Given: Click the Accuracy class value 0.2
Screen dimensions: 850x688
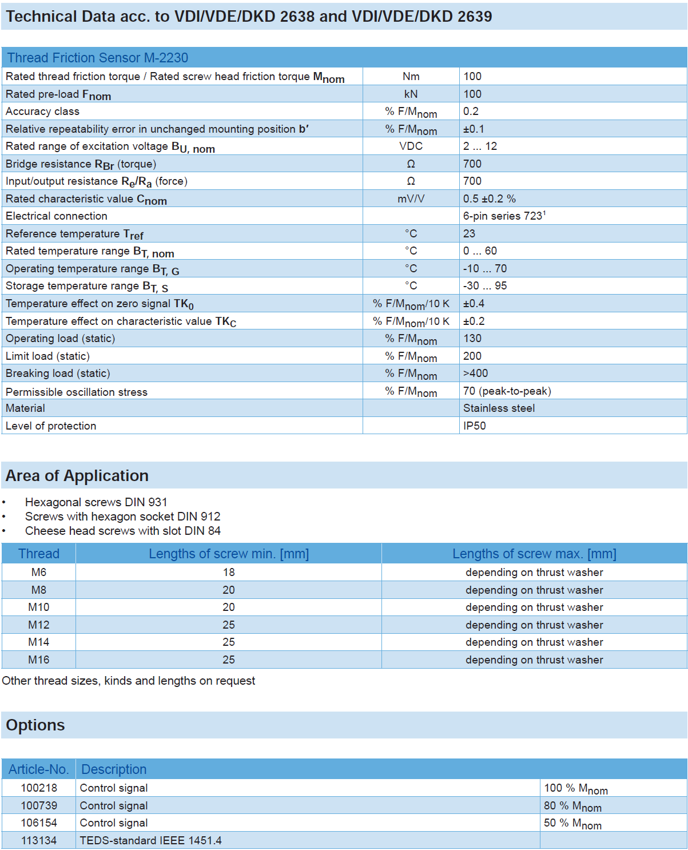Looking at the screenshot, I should click(471, 111).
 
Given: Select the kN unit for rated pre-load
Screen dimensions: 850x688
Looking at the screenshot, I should click(411, 94).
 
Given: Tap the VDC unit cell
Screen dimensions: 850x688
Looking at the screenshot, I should click(411, 146).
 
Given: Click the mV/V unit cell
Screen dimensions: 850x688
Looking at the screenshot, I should click(411, 198).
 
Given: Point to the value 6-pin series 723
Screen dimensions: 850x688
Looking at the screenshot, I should click(504, 216).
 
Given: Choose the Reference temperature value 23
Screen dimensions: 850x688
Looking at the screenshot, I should click(469, 233).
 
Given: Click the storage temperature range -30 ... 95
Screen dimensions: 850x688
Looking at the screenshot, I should click(484, 285).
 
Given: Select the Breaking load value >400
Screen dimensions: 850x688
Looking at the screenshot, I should click(475, 373).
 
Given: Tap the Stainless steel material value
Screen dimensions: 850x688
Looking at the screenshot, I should click(499, 408).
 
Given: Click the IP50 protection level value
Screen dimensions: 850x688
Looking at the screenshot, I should click(474, 426).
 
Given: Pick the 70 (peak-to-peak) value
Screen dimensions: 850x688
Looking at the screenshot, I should click(507, 391).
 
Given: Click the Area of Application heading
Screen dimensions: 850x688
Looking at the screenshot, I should click(77, 475).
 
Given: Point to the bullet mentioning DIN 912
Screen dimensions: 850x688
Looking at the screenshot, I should click(122, 516).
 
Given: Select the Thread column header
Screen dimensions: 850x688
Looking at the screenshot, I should click(39, 554).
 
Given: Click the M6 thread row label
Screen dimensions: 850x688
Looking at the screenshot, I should click(39, 572).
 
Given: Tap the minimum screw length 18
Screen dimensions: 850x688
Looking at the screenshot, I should click(229, 572).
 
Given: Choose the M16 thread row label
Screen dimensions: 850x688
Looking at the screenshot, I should click(39, 660).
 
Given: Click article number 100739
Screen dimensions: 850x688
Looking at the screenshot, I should click(39, 805).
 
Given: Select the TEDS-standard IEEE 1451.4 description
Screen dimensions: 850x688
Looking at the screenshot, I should click(150, 840).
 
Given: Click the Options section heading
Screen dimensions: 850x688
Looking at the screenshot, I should click(35, 725).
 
